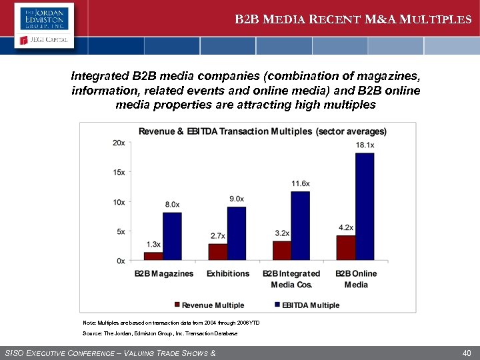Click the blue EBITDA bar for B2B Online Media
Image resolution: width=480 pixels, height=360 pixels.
(365, 207)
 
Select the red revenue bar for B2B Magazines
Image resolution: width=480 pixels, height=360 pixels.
(153, 256)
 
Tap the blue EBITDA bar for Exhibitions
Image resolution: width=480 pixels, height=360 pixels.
(237, 233)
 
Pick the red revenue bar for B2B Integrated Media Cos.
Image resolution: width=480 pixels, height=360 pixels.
(281, 250)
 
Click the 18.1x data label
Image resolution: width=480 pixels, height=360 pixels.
(365, 145)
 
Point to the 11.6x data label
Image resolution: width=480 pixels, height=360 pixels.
(301, 183)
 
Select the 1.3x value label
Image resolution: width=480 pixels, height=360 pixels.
(153, 245)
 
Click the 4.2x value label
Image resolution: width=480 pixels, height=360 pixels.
(345, 227)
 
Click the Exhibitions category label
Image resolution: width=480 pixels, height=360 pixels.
(228, 274)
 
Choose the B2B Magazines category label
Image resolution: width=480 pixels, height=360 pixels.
(164, 274)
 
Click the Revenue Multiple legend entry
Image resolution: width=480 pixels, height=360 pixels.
(208, 305)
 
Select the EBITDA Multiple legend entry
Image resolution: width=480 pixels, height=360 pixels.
(306, 305)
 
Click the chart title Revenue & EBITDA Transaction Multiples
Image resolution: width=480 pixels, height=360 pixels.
(262, 131)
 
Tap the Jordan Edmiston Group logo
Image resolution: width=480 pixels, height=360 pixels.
(44, 18)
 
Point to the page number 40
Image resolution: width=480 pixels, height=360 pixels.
(467, 353)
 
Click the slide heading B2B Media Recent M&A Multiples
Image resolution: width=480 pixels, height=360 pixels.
(353, 19)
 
